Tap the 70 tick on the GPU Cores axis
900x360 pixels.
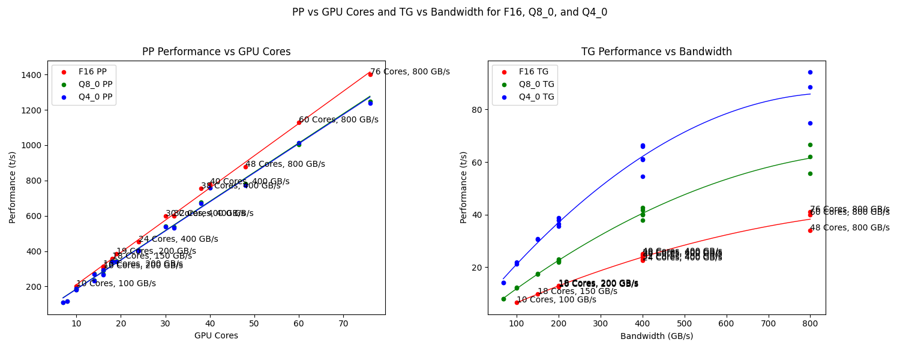pyautogui.click(x=343, y=324)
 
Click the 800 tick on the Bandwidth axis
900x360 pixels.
pyautogui.click(x=810, y=324)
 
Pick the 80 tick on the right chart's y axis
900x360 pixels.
pyautogui.click(x=476, y=110)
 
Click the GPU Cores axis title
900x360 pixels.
pyautogui.click(x=216, y=336)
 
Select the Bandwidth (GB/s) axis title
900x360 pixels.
pyautogui.click(x=656, y=336)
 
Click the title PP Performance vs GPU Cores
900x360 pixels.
pyautogui.click(x=216, y=52)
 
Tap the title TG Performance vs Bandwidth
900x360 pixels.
pyautogui.click(x=656, y=52)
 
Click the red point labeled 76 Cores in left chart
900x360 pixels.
pyautogui.click(x=370, y=74)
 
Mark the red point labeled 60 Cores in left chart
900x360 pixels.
pyautogui.click(x=299, y=122)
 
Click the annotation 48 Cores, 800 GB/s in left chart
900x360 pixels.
pyautogui.click(x=285, y=164)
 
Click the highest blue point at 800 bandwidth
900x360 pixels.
pyautogui.click(x=810, y=72)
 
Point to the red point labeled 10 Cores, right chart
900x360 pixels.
pyautogui.click(x=517, y=302)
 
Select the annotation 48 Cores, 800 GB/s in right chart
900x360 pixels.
pyautogui.click(x=850, y=227)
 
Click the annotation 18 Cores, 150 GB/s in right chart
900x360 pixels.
pyautogui.click(x=577, y=291)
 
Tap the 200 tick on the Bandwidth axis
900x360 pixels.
pyautogui.click(x=559, y=324)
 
